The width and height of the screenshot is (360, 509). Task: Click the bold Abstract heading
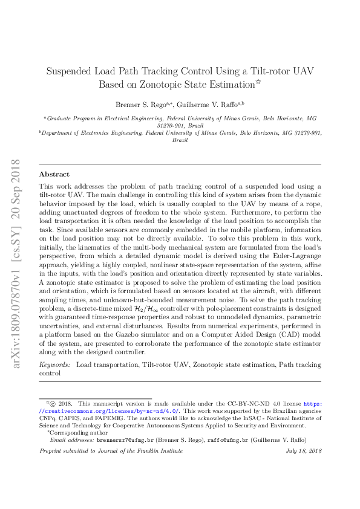click(x=54, y=174)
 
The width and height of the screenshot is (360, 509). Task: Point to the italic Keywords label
click(x=54, y=365)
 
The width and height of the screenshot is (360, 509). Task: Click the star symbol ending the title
click(x=258, y=82)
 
